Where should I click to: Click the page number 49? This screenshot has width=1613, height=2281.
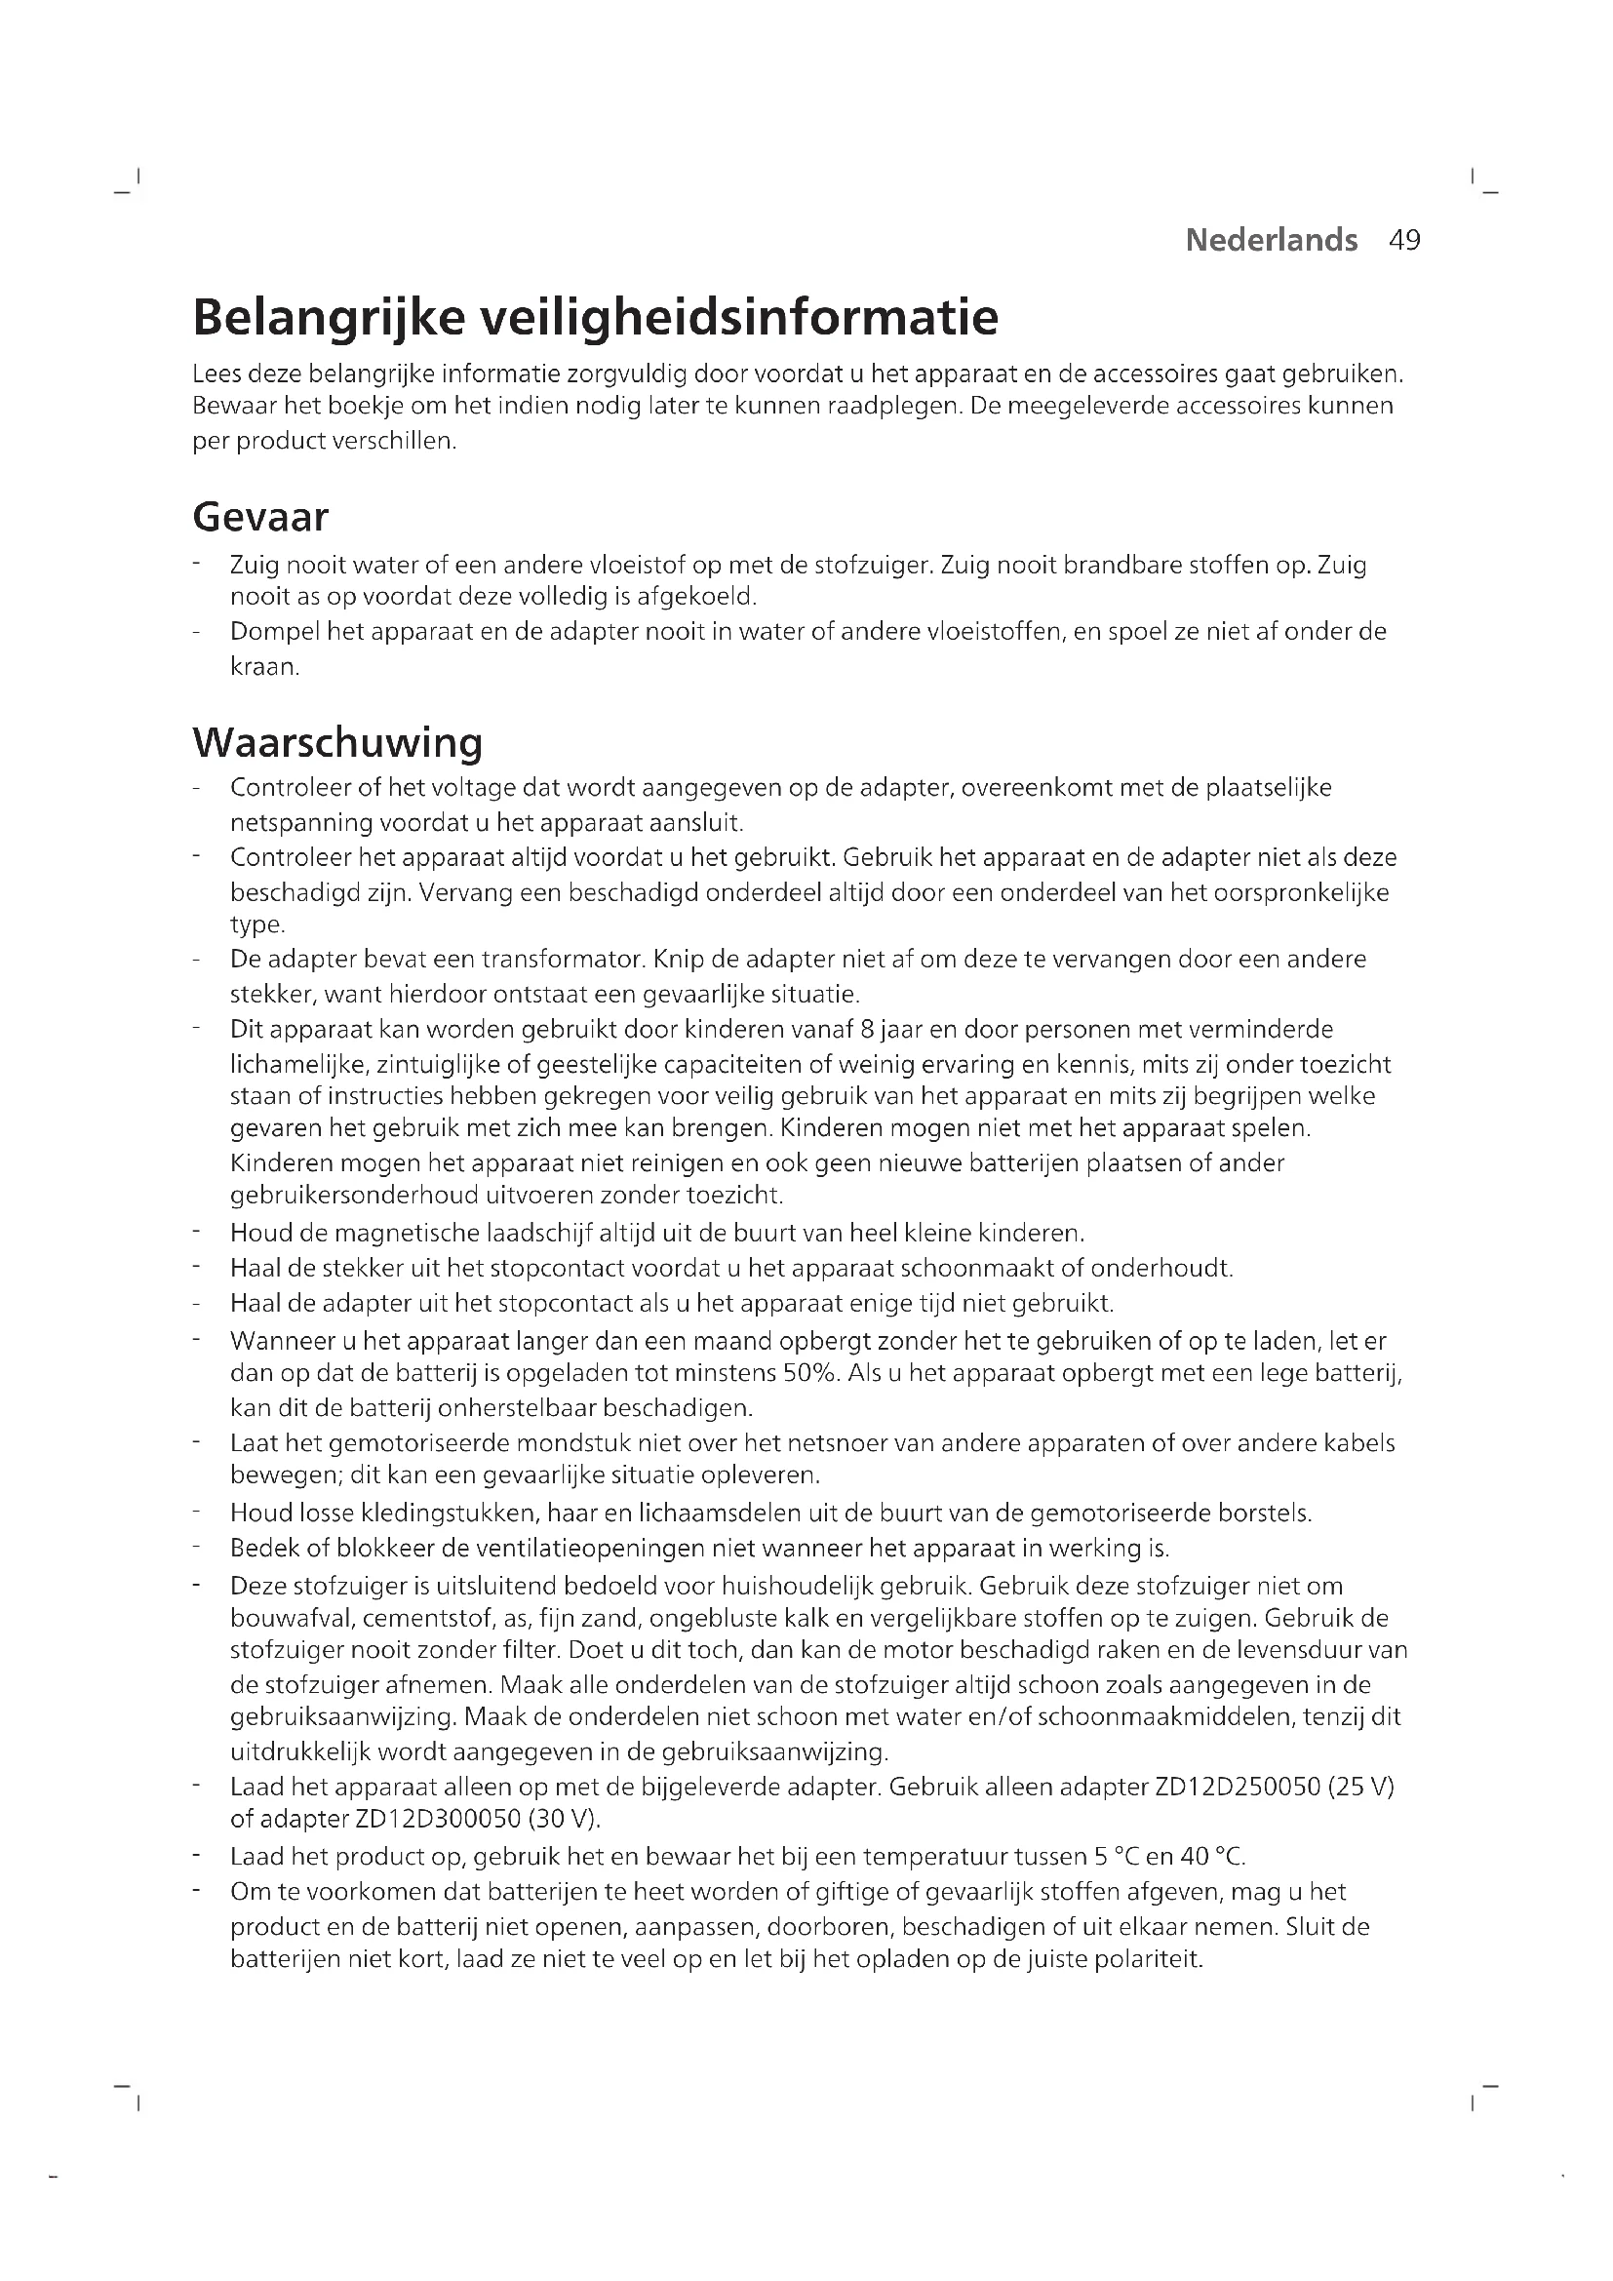1404,241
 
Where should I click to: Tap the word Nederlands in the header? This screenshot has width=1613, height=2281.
1272,241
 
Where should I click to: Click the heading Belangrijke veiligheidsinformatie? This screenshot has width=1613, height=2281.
595,317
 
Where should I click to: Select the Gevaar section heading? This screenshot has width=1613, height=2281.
260,517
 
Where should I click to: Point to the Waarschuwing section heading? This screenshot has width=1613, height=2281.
337,741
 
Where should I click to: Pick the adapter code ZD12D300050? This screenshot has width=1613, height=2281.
431,1820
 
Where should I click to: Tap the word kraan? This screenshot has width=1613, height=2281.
265,667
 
